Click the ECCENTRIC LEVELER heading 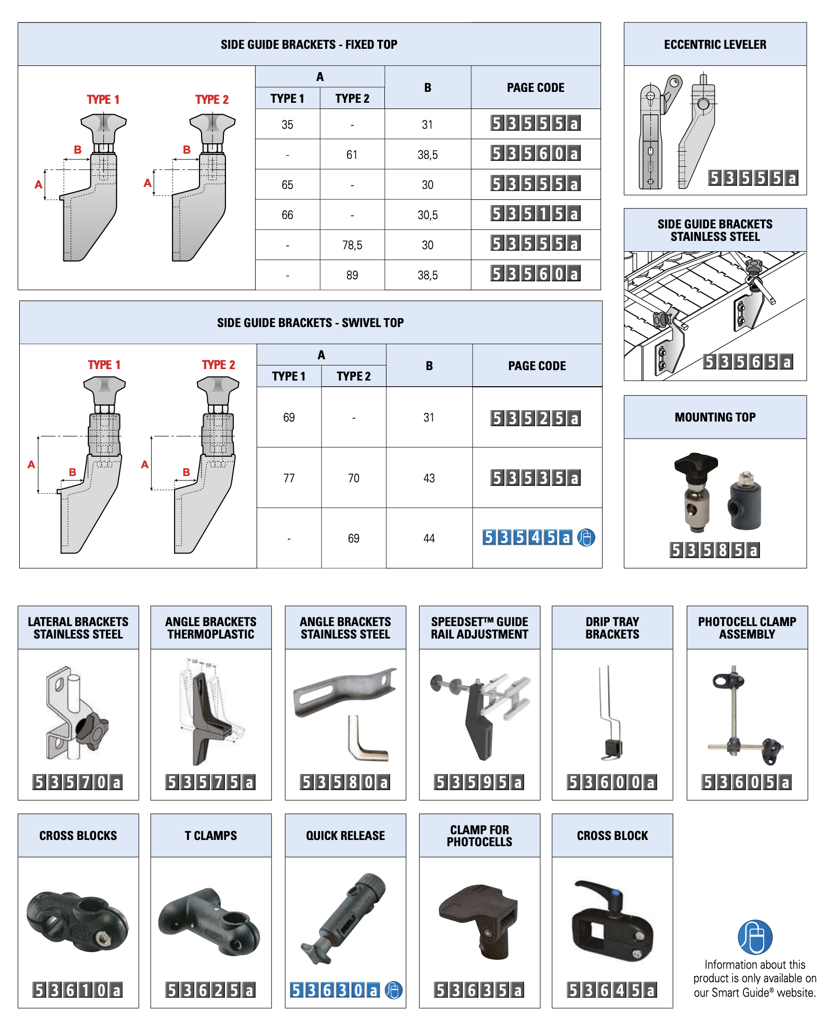coord(715,45)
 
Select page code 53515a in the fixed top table coord(535,214)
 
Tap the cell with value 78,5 coord(352,245)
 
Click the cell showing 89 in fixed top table coord(352,275)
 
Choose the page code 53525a coord(535,418)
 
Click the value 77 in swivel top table coord(289,478)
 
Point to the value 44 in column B coord(429,538)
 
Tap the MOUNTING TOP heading coord(715,417)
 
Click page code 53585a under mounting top coord(715,550)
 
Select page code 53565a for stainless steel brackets coord(748,362)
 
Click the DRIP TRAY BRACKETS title coord(612,628)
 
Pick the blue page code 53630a coord(335,991)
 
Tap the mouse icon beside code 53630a coord(394,991)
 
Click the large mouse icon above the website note coord(755,937)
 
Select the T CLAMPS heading coord(211,836)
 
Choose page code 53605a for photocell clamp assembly coord(746,782)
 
